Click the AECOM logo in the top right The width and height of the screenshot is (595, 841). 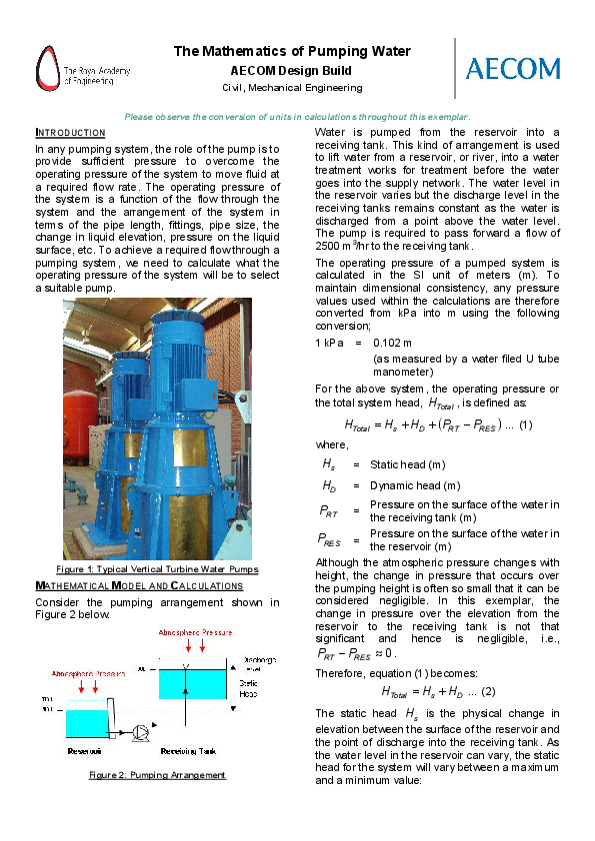(513, 68)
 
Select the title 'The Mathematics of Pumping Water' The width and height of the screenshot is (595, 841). (292, 52)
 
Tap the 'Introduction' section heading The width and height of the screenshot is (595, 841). (70, 133)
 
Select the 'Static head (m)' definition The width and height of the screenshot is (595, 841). (407, 464)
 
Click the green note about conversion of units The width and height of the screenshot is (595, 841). (297, 117)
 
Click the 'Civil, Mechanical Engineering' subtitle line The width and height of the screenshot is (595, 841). (291, 88)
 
